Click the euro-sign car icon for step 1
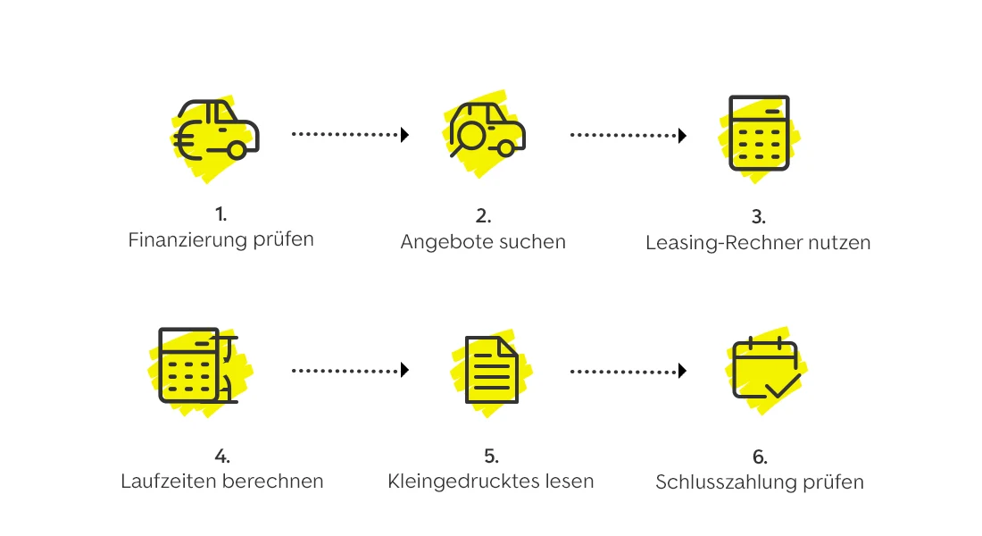pyautogui.click(x=218, y=131)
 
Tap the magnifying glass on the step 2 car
pyautogui.click(x=470, y=137)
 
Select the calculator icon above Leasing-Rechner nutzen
pyautogui.click(x=754, y=133)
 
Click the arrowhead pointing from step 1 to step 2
pyautogui.click(x=404, y=135)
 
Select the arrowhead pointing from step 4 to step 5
pyautogui.click(x=404, y=370)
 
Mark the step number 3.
pyautogui.click(x=760, y=218)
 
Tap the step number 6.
pyautogui.click(x=760, y=457)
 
